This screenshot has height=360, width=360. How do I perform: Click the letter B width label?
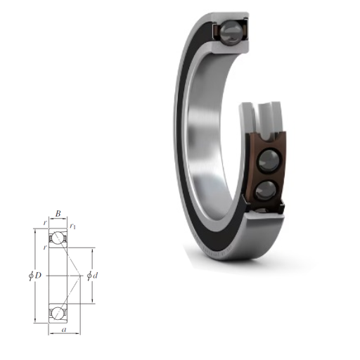[x=58, y=214]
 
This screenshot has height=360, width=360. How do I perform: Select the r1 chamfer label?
[x=72, y=226]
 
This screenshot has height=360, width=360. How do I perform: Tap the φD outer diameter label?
[x=35, y=275]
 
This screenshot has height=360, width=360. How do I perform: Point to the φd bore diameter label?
[x=92, y=276]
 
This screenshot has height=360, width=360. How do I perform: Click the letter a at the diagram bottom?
[x=64, y=330]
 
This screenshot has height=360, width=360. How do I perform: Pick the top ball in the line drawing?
[x=58, y=238]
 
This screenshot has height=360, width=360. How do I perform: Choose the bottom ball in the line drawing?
[x=58, y=313]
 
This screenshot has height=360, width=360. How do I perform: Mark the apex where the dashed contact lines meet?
[x=80, y=276]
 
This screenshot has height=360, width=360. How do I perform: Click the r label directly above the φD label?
[x=45, y=247]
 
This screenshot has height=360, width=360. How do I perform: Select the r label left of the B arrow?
[x=45, y=223]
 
